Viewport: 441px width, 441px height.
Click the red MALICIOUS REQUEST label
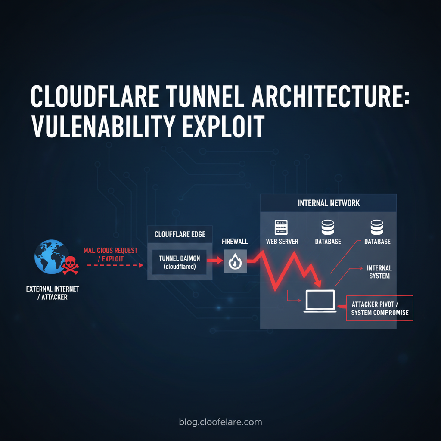(x=110, y=250)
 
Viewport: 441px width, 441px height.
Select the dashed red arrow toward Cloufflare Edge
(x=115, y=265)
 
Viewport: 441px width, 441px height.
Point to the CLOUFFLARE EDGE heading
(x=180, y=235)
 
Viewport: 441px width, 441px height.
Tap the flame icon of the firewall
(x=235, y=261)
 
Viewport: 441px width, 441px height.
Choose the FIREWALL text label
(x=235, y=242)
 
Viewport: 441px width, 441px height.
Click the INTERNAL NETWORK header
(x=329, y=203)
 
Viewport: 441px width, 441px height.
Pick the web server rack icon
(x=281, y=227)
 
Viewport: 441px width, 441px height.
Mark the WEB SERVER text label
(x=282, y=242)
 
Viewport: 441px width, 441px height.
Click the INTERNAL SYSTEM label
(x=379, y=272)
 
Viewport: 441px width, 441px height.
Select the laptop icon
(x=320, y=301)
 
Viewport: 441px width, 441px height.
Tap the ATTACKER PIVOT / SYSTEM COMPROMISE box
(x=379, y=308)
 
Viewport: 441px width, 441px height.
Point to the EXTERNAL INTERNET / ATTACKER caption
(x=53, y=293)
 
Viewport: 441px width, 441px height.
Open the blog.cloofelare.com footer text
(x=220, y=422)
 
